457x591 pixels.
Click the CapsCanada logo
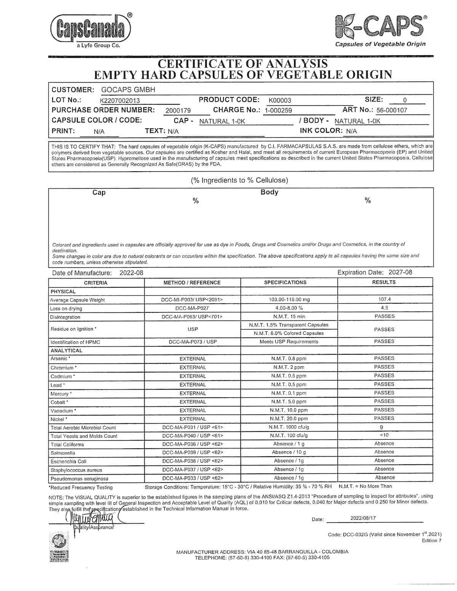point(90,29)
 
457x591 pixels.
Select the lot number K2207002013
point(120,101)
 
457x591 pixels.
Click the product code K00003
point(280,100)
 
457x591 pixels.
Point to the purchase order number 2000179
point(178,111)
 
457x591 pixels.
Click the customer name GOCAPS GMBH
point(128,90)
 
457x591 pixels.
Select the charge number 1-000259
point(278,111)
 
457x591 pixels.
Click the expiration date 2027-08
point(400,272)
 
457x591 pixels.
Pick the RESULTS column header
point(384,282)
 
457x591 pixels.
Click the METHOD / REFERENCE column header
point(192,283)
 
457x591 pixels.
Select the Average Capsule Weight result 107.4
point(384,299)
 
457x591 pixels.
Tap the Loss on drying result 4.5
point(384,308)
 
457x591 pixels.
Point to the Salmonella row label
point(63,453)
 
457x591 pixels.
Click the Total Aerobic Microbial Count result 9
point(381,427)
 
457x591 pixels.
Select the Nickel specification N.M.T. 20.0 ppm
point(289,419)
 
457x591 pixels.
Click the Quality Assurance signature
point(91,519)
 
